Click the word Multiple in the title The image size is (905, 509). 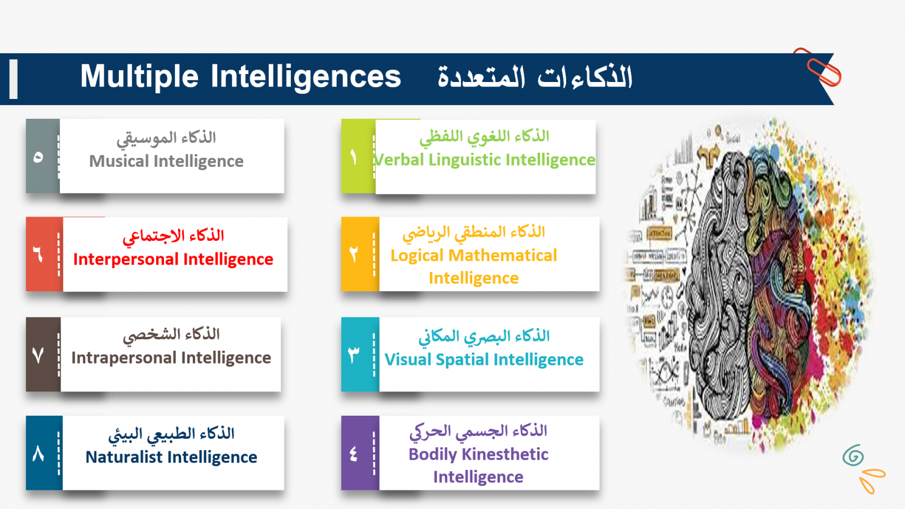pos(139,77)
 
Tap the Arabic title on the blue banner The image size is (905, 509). pos(535,77)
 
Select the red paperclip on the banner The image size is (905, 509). pos(818,67)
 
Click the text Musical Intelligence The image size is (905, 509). pos(166,161)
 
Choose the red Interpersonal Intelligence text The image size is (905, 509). pos(173,260)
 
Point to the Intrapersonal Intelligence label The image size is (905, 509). pos(171,358)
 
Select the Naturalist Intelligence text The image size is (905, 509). pos(171,458)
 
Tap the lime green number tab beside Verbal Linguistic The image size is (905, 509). pos(359,156)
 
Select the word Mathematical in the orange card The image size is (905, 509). pos(503,256)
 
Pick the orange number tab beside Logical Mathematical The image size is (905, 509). pos(360,254)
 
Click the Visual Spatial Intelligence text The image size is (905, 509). pos(484,360)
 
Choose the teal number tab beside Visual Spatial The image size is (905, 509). pos(360,354)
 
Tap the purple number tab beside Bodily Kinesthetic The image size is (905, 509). pos(360,453)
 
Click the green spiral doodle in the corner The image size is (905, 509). pos(854,456)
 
